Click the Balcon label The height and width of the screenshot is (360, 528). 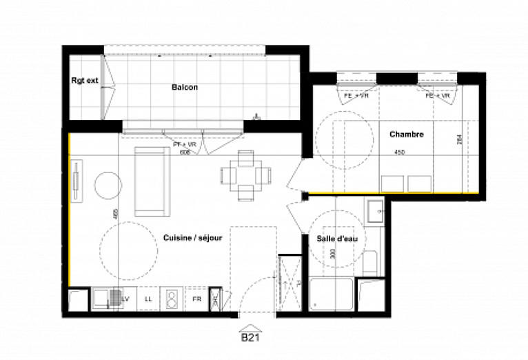[x=184, y=88]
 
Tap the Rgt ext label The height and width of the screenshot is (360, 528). [x=84, y=81]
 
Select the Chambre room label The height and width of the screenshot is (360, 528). [x=400, y=134]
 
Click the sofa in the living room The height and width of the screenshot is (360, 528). [x=150, y=181]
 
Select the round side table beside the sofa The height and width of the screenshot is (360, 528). [x=107, y=185]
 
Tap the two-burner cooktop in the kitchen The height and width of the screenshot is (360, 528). [x=172, y=299]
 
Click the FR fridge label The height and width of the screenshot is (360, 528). [x=196, y=299]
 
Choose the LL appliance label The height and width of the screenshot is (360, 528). [x=148, y=299]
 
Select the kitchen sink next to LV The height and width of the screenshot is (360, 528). [x=107, y=299]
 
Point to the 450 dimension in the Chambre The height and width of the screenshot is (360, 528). [x=399, y=152]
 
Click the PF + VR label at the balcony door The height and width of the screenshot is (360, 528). [x=185, y=144]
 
